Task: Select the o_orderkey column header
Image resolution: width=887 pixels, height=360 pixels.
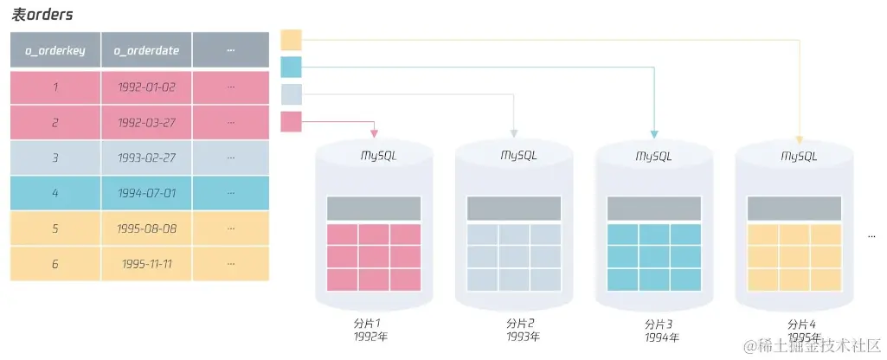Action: point(55,50)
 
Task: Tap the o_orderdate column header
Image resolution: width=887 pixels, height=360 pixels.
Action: point(146,50)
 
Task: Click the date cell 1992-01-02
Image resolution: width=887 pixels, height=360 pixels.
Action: point(146,87)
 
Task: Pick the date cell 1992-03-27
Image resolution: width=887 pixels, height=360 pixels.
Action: point(146,123)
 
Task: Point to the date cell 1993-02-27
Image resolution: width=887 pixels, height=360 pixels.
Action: point(146,158)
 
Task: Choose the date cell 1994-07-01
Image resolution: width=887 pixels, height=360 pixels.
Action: point(146,193)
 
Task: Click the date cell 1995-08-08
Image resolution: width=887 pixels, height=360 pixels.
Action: point(146,228)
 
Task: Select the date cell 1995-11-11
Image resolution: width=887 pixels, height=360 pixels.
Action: point(146,263)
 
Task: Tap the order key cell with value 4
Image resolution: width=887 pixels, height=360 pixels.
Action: point(55,193)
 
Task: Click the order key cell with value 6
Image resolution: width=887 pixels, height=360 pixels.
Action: point(55,263)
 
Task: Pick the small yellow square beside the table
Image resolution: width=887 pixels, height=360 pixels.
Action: point(291,40)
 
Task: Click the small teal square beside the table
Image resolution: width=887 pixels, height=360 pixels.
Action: point(291,67)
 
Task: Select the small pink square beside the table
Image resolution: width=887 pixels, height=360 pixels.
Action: point(291,121)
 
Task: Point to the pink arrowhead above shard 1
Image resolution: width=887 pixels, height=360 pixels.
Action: point(374,133)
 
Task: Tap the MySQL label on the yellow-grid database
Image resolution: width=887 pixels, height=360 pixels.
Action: point(798,157)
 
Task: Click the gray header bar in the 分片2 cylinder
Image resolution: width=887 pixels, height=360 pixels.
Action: point(514,209)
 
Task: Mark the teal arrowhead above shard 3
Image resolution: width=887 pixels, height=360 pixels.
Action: point(654,133)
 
